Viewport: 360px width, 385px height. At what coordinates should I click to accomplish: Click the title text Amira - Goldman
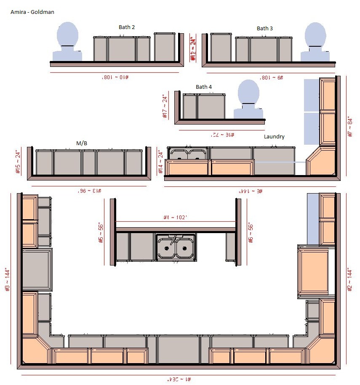point(32,12)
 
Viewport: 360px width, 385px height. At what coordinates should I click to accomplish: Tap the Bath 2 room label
point(127,27)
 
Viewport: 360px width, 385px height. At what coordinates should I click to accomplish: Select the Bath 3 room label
point(265,29)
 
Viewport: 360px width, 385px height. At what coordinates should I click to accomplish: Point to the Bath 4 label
point(204,87)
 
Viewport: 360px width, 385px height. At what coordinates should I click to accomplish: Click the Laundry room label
point(274,137)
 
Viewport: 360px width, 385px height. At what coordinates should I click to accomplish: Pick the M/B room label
point(82,143)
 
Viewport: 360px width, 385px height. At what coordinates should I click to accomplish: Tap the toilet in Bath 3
point(315,42)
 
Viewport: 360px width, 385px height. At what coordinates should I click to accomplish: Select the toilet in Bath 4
point(248,100)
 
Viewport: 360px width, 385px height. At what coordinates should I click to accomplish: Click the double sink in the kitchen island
point(176,247)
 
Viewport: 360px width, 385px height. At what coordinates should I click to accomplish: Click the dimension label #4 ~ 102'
point(176,218)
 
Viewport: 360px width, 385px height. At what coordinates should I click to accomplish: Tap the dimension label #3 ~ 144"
point(7,280)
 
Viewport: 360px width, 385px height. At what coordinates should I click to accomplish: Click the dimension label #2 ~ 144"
point(350,280)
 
